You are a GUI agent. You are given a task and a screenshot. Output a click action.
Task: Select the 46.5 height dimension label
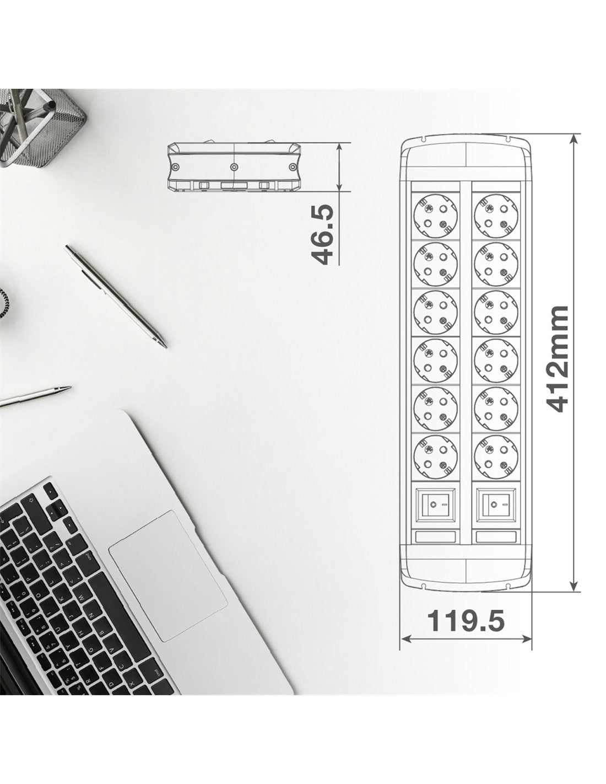point(322,234)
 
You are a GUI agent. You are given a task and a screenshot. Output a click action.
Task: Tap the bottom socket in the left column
point(435,457)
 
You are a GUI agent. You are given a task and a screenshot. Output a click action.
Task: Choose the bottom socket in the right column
point(496,457)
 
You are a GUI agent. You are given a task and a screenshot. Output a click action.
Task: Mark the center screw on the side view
point(234,167)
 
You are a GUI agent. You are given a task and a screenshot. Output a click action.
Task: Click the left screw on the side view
point(176,167)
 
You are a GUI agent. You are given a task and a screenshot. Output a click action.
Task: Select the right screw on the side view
point(293,167)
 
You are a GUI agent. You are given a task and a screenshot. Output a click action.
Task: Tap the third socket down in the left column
point(435,312)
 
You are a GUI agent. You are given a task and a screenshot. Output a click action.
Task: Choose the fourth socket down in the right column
point(496,361)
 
